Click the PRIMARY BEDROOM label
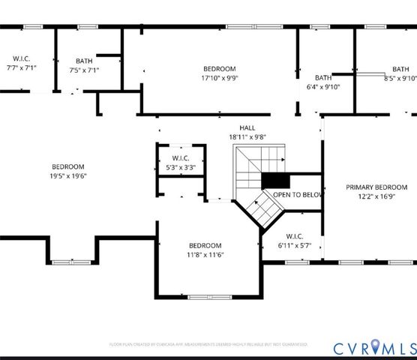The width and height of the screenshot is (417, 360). click(x=376, y=187)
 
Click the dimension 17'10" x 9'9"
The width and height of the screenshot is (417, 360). click(x=220, y=78)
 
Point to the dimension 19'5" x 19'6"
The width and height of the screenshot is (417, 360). click(x=67, y=176)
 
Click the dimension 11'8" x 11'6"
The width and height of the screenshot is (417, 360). click(x=205, y=255)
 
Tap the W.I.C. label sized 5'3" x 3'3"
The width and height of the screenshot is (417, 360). click(x=180, y=158)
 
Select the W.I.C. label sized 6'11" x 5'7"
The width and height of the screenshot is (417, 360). click(x=293, y=236)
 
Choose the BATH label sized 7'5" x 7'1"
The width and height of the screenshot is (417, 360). click(x=84, y=61)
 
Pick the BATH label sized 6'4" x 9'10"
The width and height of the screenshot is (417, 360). click(x=322, y=77)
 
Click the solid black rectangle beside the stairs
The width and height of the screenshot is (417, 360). click(x=274, y=181)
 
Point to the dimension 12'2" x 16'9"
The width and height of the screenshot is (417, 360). click(x=376, y=196)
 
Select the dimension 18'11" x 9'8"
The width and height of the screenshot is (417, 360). click(x=247, y=137)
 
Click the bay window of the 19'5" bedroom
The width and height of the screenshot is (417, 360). click(x=71, y=262)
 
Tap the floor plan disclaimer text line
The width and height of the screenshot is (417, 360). click(x=208, y=344)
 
